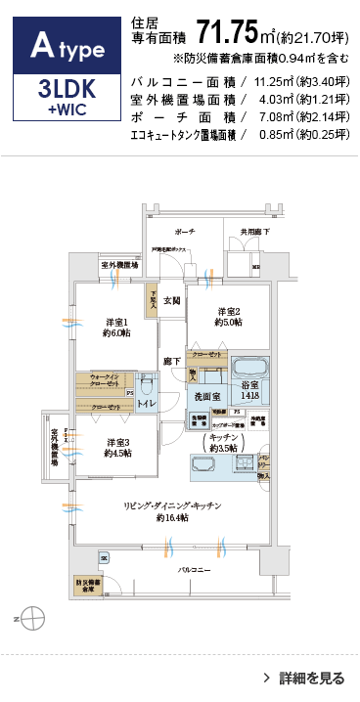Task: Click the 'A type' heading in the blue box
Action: click(66, 44)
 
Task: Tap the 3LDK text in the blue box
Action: click(66, 90)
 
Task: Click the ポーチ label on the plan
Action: click(185, 232)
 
